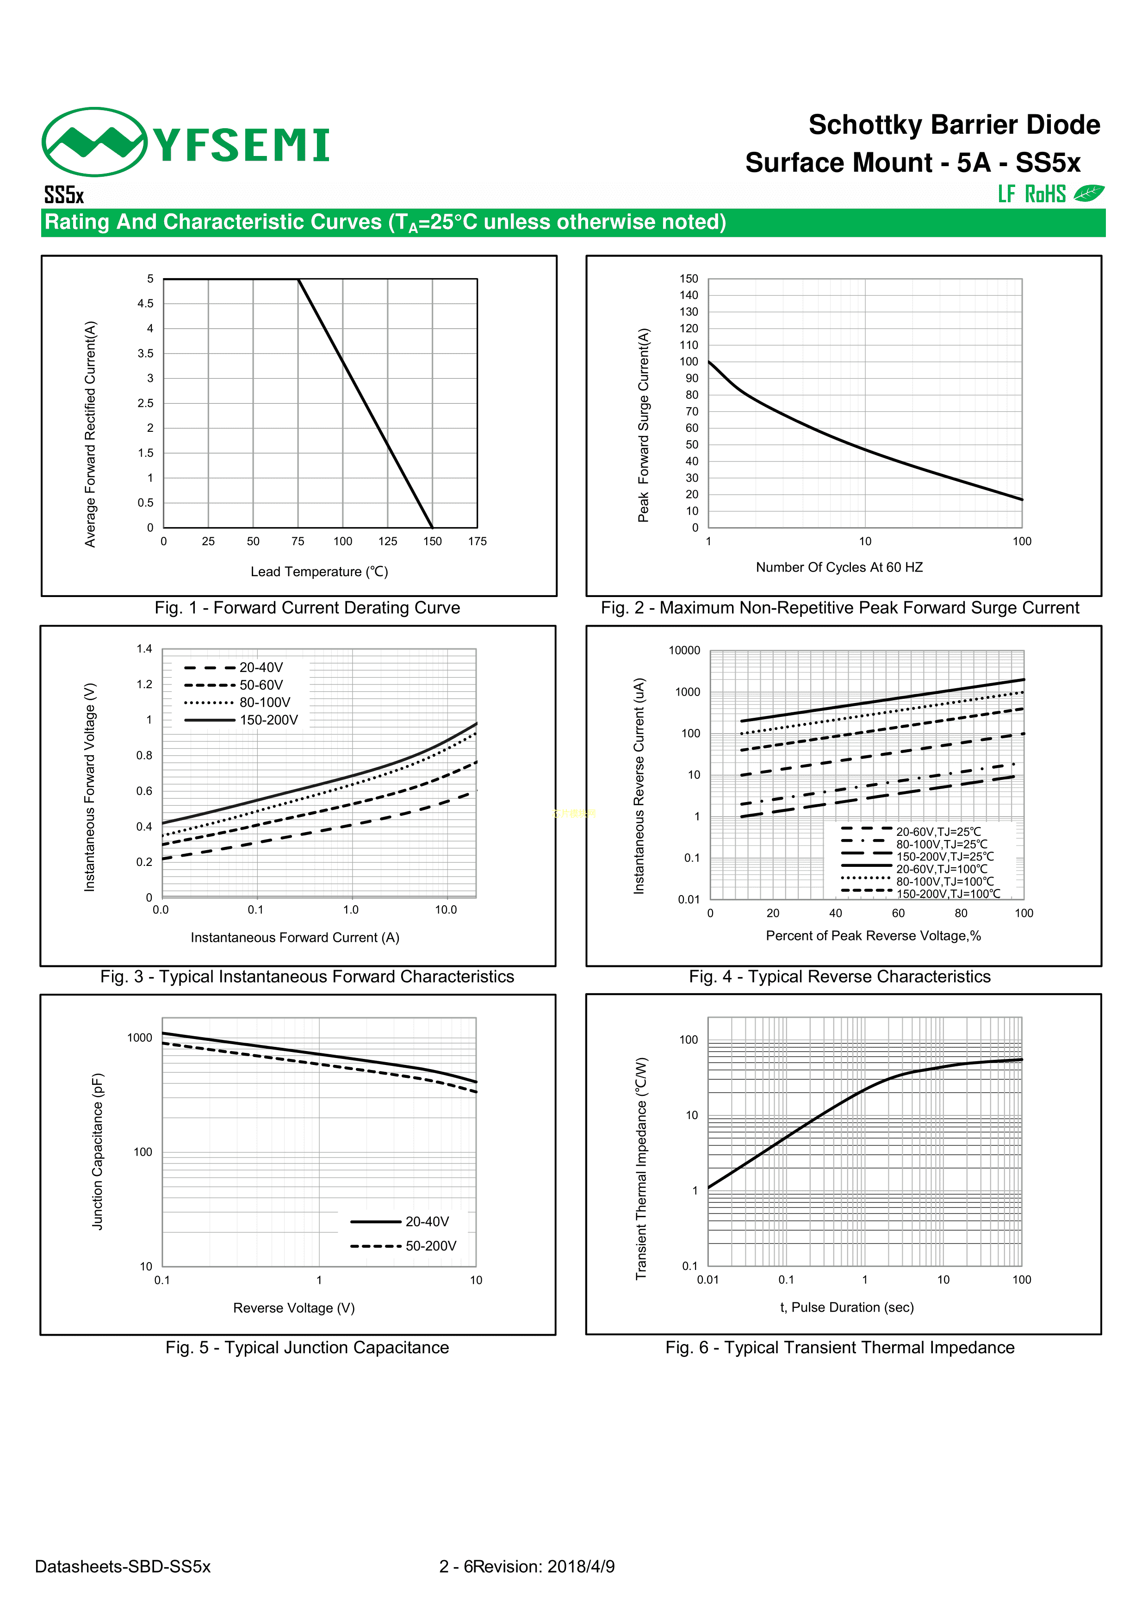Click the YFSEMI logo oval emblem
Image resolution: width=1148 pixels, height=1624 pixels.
94,142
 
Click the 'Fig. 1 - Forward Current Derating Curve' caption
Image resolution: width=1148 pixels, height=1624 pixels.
307,608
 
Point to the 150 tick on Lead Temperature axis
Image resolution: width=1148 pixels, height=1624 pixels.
432,542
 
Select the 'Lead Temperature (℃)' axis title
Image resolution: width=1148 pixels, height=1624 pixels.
319,572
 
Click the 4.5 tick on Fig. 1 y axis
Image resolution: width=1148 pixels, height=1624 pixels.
146,304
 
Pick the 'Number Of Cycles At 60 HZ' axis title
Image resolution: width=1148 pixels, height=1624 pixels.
839,567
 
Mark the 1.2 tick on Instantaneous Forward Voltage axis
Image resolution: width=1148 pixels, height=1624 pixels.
144,684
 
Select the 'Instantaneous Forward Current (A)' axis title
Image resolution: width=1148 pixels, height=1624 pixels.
295,938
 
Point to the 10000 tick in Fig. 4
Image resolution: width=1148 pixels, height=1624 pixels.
684,651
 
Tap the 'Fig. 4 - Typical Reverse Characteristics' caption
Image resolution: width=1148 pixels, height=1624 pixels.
840,977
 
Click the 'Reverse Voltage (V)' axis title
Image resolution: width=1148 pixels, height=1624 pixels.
293,1308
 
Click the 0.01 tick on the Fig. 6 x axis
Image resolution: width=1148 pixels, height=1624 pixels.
707,1280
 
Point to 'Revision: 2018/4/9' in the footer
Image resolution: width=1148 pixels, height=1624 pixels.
544,1567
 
